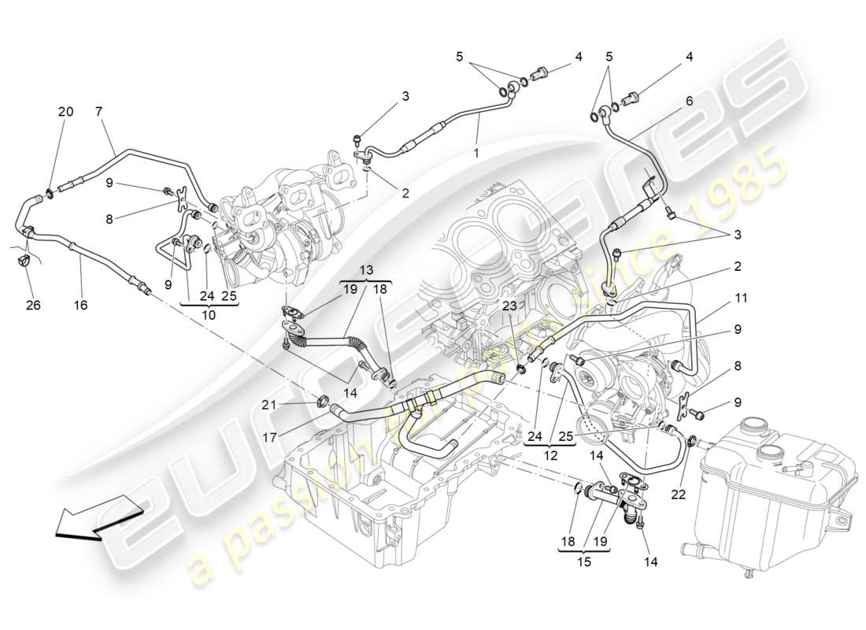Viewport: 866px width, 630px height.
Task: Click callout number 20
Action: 65,112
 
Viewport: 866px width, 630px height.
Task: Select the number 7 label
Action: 99,112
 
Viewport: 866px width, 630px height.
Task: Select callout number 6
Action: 689,101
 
